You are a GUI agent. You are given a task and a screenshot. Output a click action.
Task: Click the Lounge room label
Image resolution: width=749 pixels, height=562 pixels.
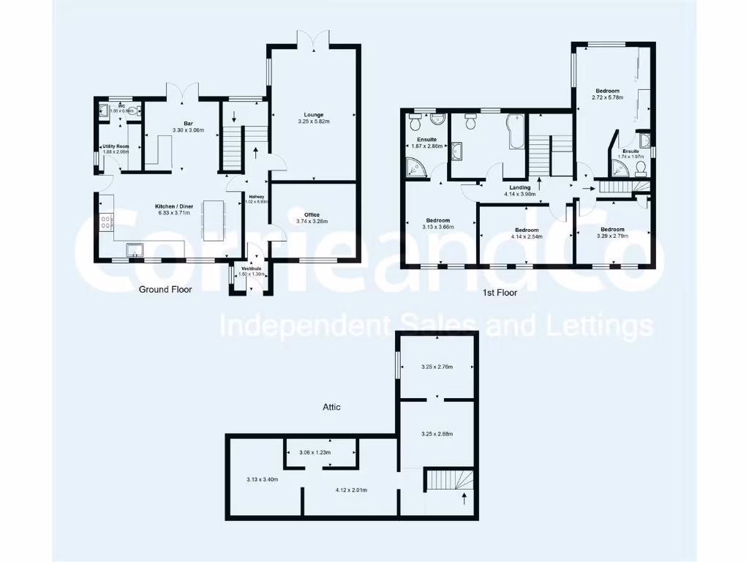(315, 114)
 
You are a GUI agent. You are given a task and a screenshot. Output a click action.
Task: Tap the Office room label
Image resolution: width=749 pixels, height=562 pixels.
(312, 214)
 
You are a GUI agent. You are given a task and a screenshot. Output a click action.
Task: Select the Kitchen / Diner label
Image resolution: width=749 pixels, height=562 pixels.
(174, 206)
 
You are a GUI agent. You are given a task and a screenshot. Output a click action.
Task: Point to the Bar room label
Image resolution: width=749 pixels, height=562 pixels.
(188, 124)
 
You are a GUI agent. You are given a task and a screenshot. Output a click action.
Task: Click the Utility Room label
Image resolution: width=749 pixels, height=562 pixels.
(116, 146)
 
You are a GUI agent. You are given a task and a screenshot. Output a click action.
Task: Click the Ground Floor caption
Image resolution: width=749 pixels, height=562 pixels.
(165, 290)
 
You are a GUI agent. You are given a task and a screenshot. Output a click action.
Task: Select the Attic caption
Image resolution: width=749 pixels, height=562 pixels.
(331, 407)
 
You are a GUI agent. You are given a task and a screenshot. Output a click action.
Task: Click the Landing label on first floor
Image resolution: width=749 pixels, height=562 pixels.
(520, 187)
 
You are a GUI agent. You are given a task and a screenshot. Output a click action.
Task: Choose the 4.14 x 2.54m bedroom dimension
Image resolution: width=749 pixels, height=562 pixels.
(527, 236)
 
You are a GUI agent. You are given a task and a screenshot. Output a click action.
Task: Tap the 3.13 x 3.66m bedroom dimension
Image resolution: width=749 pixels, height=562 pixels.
(439, 227)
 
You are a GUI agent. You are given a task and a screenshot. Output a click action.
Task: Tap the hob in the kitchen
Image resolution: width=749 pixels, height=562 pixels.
(105, 222)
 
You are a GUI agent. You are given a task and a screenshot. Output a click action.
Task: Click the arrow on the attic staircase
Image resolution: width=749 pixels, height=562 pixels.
(464, 500)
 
